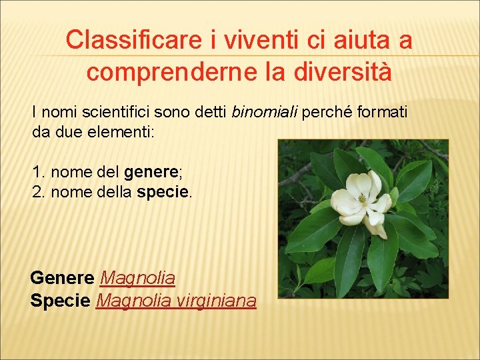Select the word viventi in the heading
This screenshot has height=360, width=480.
point(251,40)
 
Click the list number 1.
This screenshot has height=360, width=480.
point(37,173)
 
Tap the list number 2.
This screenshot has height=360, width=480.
point(37,193)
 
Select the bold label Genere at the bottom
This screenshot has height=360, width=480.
point(63,277)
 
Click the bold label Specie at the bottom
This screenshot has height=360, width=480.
point(60,301)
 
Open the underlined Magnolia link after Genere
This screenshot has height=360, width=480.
point(137,277)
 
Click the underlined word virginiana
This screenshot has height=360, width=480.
point(217,301)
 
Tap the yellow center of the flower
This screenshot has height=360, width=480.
point(363,199)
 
